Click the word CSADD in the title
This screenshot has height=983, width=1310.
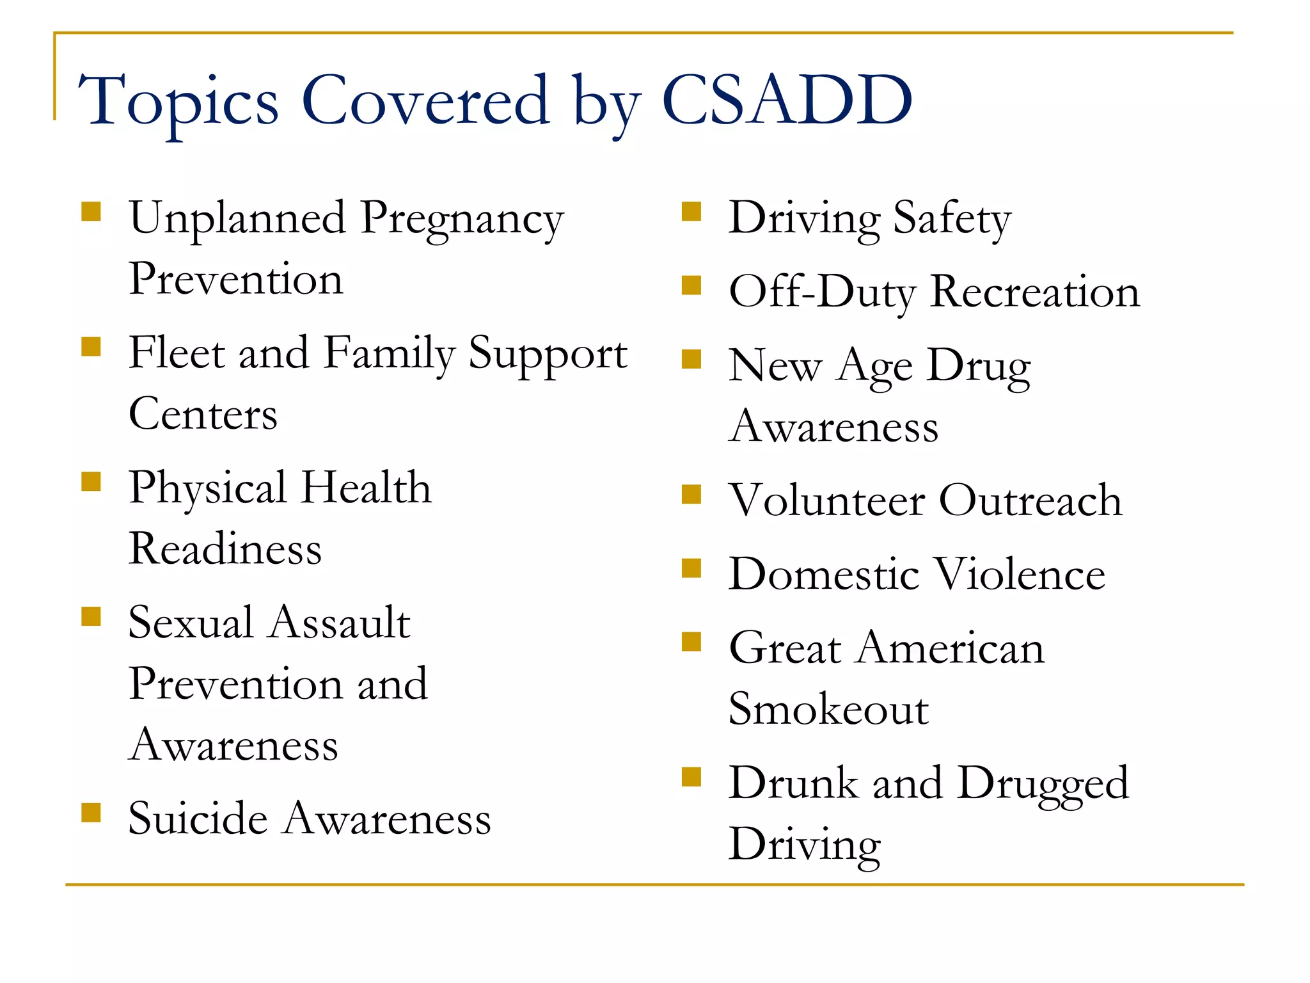(786, 100)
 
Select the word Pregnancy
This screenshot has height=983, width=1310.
(462, 220)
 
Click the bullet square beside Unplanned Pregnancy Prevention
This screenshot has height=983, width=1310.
(91, 212)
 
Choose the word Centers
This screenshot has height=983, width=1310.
(203, 414)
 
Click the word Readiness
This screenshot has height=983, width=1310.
(225, 549)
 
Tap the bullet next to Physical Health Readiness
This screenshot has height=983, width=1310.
(91, 482)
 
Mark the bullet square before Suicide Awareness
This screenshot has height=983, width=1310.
(91, 813)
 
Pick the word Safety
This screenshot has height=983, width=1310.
(952, 220)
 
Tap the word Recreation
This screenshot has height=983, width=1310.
(1034, 292)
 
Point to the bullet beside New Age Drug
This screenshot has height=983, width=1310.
(691, 360)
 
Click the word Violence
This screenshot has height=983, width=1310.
(1022, 574)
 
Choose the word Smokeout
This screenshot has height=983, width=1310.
(828, 709)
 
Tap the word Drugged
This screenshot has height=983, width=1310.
(1043, 783)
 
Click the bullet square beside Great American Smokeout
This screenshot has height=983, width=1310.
(691, 642)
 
